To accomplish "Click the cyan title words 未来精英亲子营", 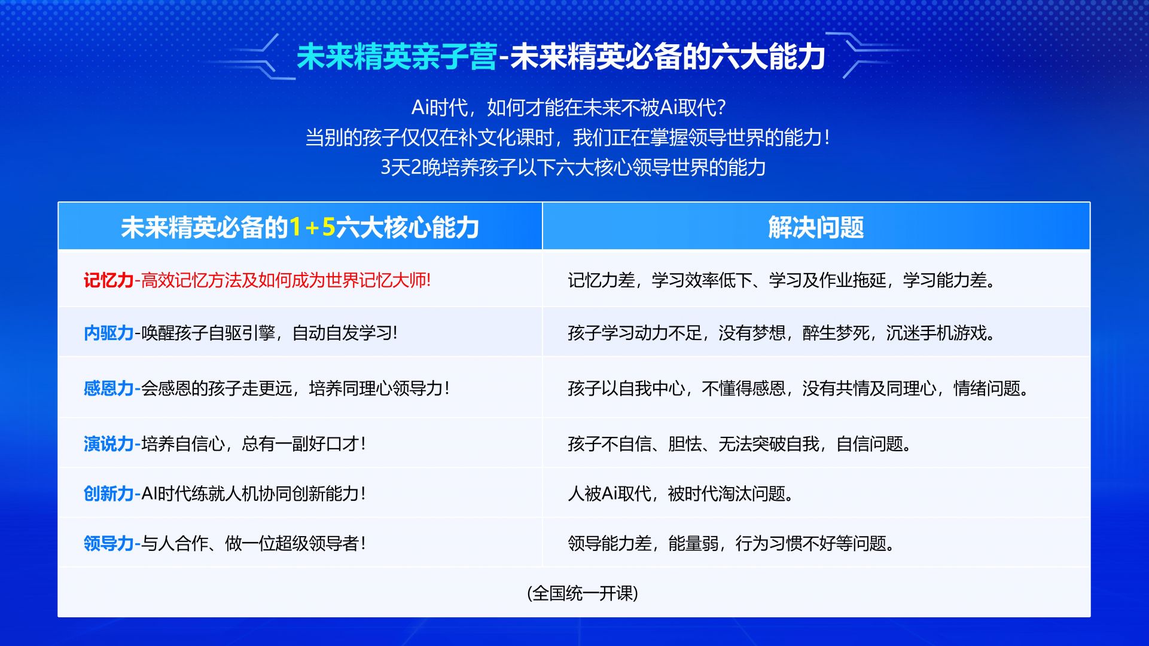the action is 397,57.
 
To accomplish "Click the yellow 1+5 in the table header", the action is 312,228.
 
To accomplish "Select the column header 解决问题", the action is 816,228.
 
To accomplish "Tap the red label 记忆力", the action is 108,280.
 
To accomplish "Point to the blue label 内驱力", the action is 108,333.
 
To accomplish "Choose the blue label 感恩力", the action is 108,388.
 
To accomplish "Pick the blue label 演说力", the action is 108,444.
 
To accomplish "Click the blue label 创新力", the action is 108,494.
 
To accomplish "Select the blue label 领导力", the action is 108,543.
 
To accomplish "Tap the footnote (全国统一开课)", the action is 583,593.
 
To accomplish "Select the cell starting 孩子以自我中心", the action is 798,388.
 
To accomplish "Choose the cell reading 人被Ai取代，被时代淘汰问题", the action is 681,494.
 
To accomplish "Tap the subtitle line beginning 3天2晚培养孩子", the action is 573,167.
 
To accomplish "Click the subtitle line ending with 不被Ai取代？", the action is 568,108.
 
